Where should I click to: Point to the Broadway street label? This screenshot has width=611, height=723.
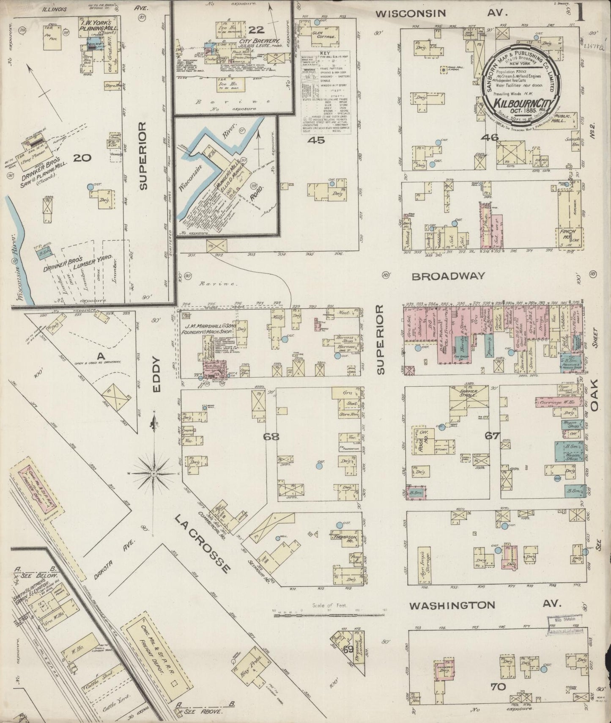coord(448,276)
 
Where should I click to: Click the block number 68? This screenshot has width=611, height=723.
coord(271,436)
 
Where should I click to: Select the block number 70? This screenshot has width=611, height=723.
coord(499,686)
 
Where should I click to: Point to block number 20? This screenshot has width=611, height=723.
coord(82,158)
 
